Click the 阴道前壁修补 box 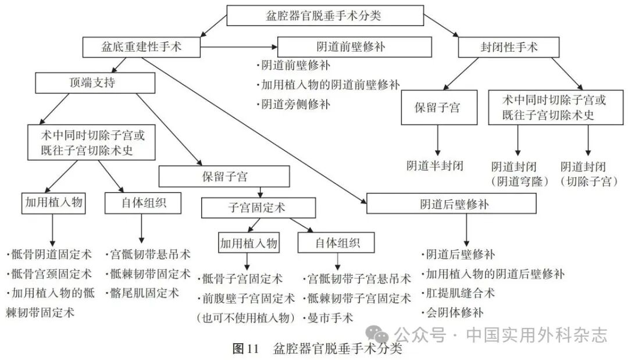(355, 47)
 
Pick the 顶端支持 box (95, 83)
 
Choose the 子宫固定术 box (258, 208)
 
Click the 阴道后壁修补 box (451, 204)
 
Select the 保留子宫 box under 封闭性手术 (438, 108)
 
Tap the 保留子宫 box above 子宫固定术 (224, 176)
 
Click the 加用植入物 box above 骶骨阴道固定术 (53, 202)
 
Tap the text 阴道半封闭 (436, 166)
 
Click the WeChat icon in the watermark (381, 334)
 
